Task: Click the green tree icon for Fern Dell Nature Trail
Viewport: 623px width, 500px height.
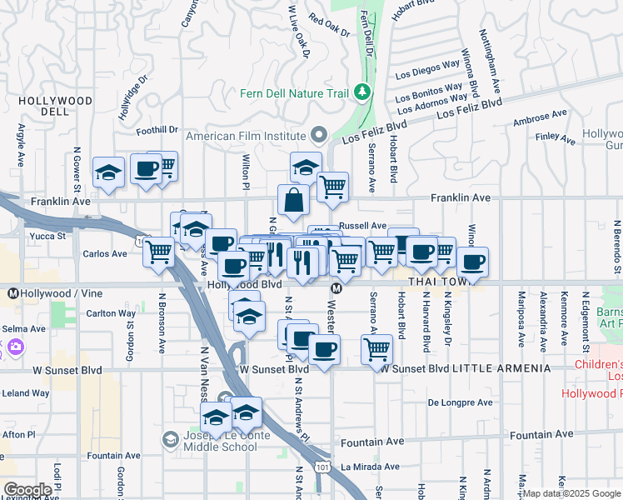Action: click(361, 91)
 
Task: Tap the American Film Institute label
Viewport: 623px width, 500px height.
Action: click(246, 136)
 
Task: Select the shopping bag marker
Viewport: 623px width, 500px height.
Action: click(293, 201)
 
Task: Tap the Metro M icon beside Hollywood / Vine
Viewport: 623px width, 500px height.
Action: click(13, 294)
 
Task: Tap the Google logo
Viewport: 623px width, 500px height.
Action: click(27, 490)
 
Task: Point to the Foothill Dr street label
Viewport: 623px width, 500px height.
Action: click(157, 130)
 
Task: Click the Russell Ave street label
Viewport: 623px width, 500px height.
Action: click(363, 226)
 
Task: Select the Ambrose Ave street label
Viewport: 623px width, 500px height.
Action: click(541, 117)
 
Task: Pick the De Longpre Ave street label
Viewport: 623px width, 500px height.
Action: click(460, 402)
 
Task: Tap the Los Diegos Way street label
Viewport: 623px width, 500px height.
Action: click(427, 67)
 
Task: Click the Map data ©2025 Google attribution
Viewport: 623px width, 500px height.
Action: click(571, 493)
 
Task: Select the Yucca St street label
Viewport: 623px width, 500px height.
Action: click(49, 236)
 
